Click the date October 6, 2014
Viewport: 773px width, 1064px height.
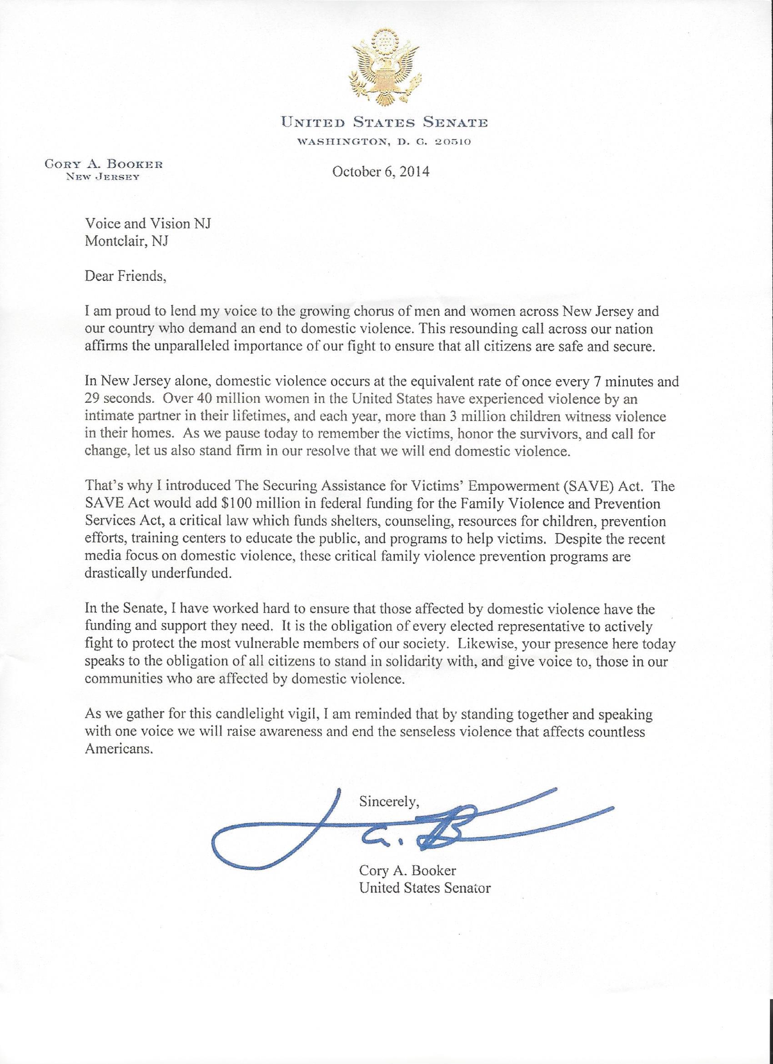[x=381, y=172]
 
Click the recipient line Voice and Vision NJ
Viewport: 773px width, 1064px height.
[x=148, y=224]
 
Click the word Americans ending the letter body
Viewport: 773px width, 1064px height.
[x=119, y=749]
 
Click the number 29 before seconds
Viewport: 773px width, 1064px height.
[x=94, y=399]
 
